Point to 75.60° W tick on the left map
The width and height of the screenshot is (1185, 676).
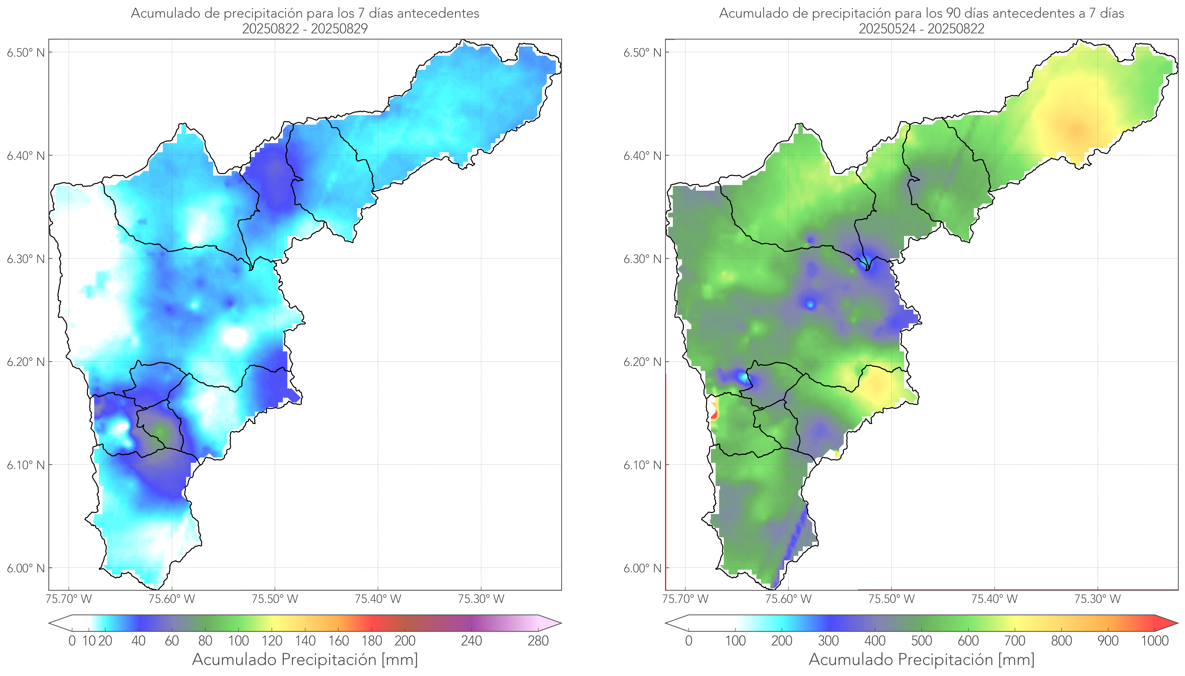[x=172, y=599]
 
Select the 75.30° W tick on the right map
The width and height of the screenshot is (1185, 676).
[x=1097, y=599]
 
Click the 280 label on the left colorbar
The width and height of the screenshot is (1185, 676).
[x=538, y=641]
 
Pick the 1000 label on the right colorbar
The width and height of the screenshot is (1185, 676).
[x=1154, y=641]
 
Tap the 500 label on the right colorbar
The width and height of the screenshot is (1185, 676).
[x=921, y=641]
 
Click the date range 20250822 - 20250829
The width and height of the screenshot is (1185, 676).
[x=305, y=29]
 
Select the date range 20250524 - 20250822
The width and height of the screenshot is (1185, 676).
[x=921, y=29]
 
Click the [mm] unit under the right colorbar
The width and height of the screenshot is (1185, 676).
[x=1016, y=659]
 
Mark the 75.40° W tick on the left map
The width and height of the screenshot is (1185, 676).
[x=378, y=599]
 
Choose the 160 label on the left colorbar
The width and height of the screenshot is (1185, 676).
[x=339, y=641]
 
